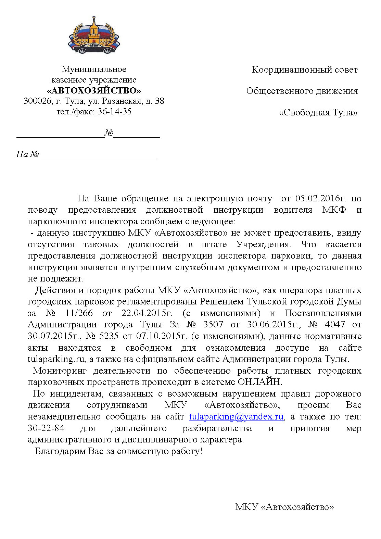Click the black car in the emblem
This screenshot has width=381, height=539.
pos(93,49)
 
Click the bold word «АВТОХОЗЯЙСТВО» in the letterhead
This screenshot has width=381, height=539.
pos(94,90)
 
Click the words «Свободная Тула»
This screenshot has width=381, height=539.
pos(318,112)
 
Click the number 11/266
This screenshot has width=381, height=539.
pos(79,313)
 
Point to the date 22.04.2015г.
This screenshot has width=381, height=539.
pos(147,313)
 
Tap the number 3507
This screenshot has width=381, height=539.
pos(213,324)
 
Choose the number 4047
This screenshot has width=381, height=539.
pos(335,324)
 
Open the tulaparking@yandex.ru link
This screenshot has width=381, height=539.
pos(236,416)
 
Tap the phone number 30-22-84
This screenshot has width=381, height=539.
pos(46,428)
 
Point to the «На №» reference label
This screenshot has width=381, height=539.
pos(27,154)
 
